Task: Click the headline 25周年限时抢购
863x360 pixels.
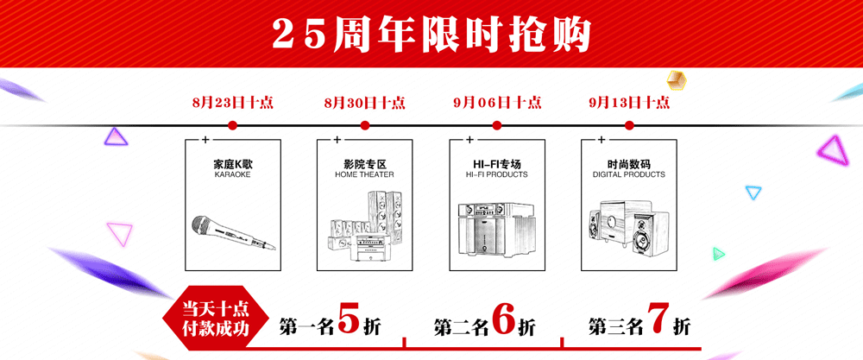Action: coord(431,35)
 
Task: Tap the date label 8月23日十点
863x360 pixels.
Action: coord(233,103)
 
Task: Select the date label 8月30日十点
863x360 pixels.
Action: coord(365,103)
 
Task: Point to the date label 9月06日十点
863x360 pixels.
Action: coord(497,103)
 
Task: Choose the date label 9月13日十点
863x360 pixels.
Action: coord(629,103)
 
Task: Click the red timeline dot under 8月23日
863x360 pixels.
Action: coord(232,125)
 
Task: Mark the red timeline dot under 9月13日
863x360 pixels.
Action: coord(630,125)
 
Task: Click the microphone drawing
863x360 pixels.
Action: coord(234,233)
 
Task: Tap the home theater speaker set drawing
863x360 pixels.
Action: coord(365,226)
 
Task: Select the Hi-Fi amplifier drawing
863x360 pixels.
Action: coord(497,228)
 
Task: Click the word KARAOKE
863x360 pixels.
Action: coord(232,174)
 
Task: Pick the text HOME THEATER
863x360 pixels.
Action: coord(364,174)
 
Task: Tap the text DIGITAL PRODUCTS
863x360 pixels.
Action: coord(629,174)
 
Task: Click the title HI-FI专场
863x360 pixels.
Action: coord(497,164)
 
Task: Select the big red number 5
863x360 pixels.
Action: coord(349,319)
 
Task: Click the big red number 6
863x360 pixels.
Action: coord(504,319)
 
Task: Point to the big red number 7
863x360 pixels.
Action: coord(658,319)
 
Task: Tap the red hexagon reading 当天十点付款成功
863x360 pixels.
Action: coord(216,319)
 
